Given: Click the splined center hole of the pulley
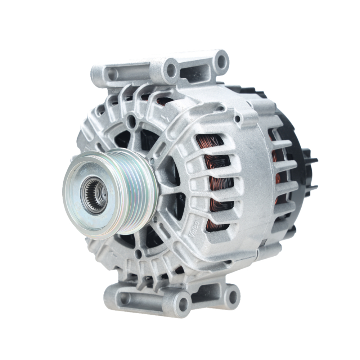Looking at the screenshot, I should pyautogui.click(x=94, y=196).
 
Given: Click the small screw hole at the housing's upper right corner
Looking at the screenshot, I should pyautogui.click(x=237, y=118).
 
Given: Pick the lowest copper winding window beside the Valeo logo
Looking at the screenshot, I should pyautogui.click(x=216, y=225).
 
